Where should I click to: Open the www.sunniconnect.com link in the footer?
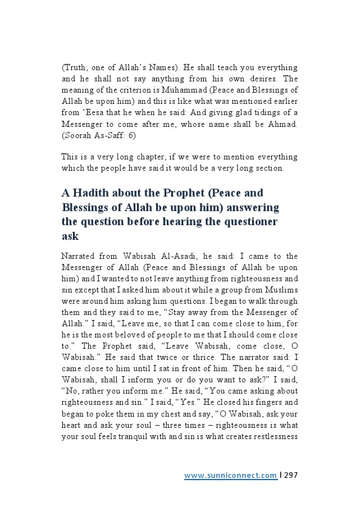[230, 476]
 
